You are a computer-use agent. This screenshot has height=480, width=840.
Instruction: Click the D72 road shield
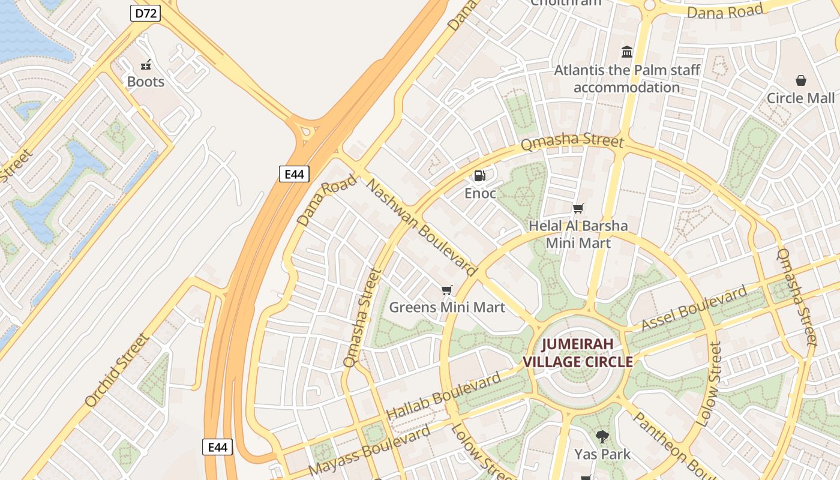click(x=145, y=13)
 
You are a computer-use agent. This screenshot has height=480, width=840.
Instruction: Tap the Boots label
click(x=145, y=82)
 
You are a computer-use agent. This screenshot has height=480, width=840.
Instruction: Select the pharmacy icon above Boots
click(x=145, y=65)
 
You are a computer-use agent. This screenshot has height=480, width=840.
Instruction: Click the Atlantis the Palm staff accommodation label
click(x=627, y=79)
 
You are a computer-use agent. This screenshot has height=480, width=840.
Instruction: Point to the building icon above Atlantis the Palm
click(x=627, y=52)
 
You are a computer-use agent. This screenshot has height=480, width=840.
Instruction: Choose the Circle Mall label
click(x=800, y=98)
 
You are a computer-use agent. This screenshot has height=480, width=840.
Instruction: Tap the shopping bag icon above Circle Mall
click(x=800, y=80)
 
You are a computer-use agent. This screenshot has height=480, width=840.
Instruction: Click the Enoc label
click(x=480, y=193)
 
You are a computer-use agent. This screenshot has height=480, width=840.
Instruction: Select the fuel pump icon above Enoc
click(x=480, y=176)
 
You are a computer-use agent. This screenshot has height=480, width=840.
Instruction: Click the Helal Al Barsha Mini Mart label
click(x=578, y=235)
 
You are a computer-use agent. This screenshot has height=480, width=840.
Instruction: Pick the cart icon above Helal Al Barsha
click(x=578, y=209)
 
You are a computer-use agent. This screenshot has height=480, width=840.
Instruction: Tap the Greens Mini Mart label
click(x=447, y=308)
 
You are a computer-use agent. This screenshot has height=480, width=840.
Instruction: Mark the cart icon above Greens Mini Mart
click(x=446, y=290)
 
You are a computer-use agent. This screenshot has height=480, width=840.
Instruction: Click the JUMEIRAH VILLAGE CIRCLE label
click(x=578, y=353)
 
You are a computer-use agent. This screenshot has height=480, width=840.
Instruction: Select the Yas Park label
click(x=602, y=454)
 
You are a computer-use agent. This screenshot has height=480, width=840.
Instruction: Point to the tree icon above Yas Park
click(x=602, y=437)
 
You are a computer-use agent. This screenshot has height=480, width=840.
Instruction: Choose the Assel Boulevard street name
click(x=694, y=308)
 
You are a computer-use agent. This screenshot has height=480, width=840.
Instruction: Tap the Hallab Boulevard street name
click(x=443, y=396)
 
